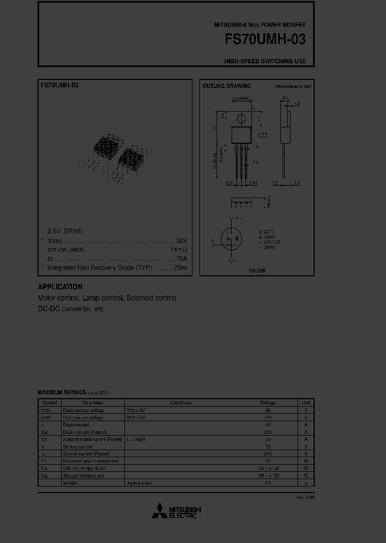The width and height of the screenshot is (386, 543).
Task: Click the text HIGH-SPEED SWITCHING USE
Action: click(265, 61)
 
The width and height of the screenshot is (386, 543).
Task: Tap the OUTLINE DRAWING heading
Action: click(226, 86)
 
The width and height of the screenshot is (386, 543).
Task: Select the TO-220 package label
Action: click(257, 271)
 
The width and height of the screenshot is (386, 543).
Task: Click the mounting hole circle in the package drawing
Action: click(241, 118)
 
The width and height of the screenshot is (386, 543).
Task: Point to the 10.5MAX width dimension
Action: click(241, 99)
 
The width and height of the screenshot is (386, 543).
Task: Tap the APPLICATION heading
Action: click(60, 287)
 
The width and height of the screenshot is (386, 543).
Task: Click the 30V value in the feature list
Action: click(182, 241)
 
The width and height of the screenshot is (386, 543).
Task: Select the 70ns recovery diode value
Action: click(181, 267)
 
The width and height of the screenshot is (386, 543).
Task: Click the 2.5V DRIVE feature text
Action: click(65, 231)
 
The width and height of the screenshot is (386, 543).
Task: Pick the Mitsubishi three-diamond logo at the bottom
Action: click(159, 511)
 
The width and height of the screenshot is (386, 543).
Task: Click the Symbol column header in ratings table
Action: click(49, 402)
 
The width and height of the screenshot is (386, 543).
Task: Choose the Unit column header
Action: click(306, 402)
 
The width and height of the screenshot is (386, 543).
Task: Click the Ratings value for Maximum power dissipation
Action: click(268, 461)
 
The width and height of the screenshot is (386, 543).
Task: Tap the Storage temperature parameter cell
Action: click(84, 475)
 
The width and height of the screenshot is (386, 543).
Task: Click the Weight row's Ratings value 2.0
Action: click(268, 483)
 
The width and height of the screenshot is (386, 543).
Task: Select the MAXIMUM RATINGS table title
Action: click(58, 393)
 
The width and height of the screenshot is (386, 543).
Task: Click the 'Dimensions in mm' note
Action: click(293, 86)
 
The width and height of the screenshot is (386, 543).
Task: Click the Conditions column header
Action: click(181, 402)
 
